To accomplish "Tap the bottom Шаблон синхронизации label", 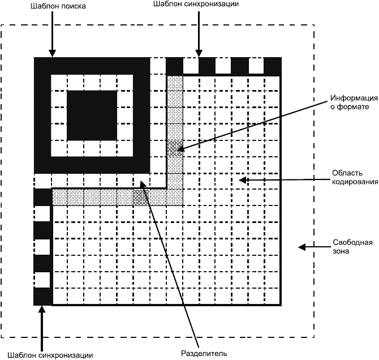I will (62, 355).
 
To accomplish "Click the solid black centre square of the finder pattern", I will (92, 115).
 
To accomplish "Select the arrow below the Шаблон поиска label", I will (51, 34).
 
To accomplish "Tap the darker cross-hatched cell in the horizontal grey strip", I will (141, 197).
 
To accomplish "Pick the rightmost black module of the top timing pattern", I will (273, 66).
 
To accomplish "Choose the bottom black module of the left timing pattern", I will (42, 297).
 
